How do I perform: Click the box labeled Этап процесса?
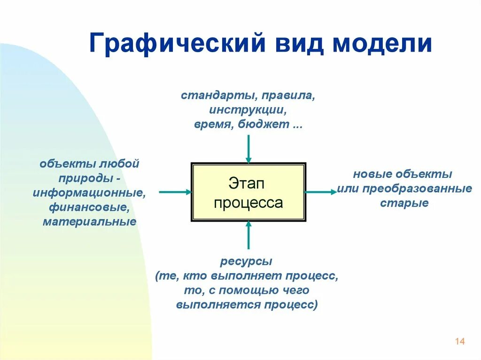pyautogui.click(x=248, y=192)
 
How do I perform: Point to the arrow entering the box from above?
pyautogui.click(x=248, y=148)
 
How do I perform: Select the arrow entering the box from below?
pyautogui.click(x=248, y=235)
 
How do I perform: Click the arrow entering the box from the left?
pyautogui.click(x=175, y=191)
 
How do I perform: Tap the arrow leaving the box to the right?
pyautogui.click(x=321, y=191)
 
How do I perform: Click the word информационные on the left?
pyautogui.click(x=88, y=193)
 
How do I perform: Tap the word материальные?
pyautogui.click(x=89, y=222)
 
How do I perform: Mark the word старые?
pyautogui.click(x=404, y=204)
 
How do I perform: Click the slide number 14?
pyautogui.click(x=459, y=341)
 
